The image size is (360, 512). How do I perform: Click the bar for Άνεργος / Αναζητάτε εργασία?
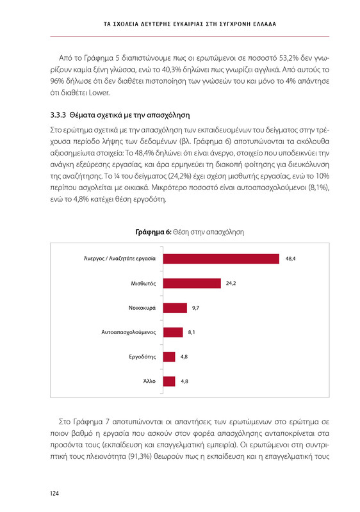221,259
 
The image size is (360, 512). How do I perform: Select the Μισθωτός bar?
192,283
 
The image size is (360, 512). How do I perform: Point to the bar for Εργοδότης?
169,356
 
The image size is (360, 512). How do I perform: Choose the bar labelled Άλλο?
169,381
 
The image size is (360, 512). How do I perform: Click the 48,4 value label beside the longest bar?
290,259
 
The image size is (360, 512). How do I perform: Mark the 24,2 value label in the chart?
231,283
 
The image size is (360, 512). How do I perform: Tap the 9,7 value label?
196,308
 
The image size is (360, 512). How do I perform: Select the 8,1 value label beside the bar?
192,332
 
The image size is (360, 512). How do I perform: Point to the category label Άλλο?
149,381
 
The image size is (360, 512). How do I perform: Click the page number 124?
56,493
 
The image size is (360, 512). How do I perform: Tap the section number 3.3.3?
60,116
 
